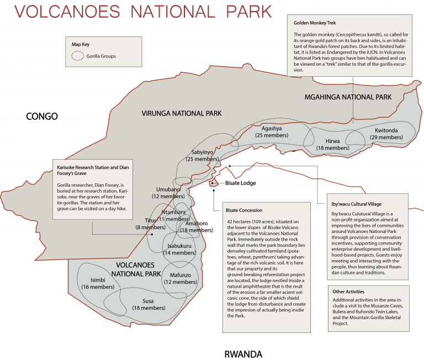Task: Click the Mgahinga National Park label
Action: click(348, 97)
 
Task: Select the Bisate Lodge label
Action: click(241, 183)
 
